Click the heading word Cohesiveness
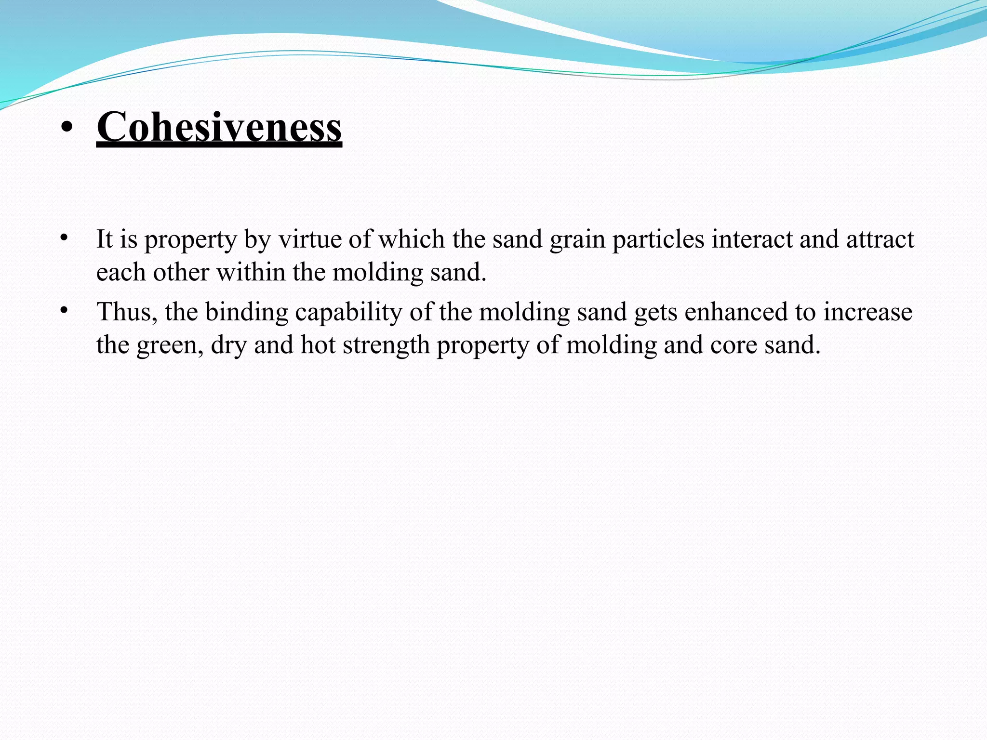click(x=219, y=127)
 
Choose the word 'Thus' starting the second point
click(x=127, y=312)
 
